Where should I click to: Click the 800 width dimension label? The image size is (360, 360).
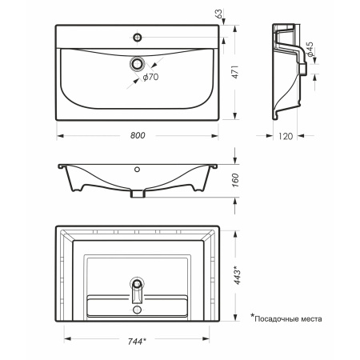point(138,135)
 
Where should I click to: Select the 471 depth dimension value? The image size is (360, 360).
point(235,72)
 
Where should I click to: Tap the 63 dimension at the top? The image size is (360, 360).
point(218,14)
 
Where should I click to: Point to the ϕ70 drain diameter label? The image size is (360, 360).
point(150,77)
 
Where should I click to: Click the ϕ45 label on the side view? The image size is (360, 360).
point(310,50)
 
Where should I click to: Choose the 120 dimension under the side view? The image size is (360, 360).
point(286,136)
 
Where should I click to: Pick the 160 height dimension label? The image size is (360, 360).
point(235,180)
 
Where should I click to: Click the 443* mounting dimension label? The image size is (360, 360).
point(237,275)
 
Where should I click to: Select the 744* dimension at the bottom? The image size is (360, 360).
point(137,342)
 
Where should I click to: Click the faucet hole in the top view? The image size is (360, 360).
point(138,38)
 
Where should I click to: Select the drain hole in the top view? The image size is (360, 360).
point(138,64)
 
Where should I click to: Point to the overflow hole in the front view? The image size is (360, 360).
point(137,169)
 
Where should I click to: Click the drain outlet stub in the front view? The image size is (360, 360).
point(138,194)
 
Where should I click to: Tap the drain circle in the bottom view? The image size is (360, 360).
point(138,283)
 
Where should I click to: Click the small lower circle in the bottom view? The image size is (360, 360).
point(138,310)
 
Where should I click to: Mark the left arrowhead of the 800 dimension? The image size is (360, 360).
point(60,136)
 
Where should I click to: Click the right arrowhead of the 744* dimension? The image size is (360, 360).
point(206,339)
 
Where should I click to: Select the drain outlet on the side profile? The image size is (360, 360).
point(303,69)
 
